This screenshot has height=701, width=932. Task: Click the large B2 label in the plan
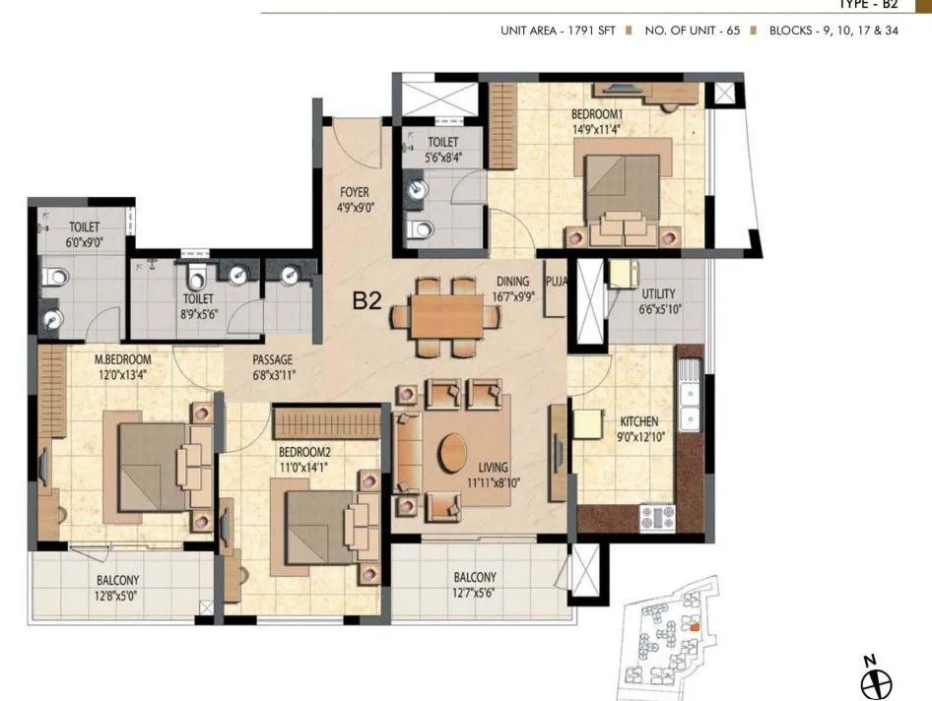click(x=366, y=301)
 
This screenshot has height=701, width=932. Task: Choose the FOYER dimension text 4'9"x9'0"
click(x=355, y=208)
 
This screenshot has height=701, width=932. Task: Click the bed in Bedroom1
click(x=623, y=187)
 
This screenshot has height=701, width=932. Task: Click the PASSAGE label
click(x=272, y=359)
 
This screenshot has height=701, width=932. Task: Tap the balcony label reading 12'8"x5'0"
click(x=117, y=595)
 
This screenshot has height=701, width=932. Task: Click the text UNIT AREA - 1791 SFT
click(x=558, y=31)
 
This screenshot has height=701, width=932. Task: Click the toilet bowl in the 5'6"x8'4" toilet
click(x=422, y=231)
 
